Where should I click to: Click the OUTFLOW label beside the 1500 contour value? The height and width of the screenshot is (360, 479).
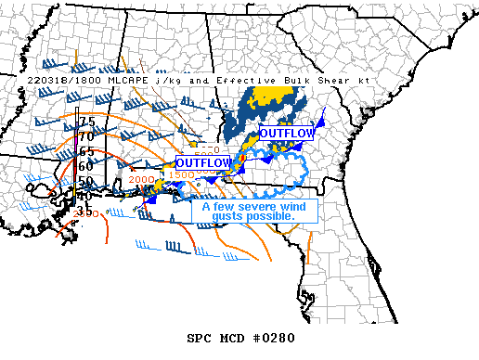[x=202, y=163]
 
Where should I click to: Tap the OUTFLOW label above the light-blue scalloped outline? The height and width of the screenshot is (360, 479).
[x=287, y=134]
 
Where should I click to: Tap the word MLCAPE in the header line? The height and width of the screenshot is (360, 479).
[x=122, y=81]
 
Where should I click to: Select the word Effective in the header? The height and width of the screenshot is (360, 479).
[x=234, y=81]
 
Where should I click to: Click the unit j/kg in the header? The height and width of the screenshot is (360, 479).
[x=166, y=81]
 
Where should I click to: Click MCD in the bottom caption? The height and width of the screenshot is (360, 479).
[x=232, y=337]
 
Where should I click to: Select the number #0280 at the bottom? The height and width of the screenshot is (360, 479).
[x=273, y=337]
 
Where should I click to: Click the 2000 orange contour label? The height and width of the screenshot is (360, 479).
[x=142, y=180]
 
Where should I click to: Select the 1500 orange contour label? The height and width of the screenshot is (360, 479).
[x=182, y=174]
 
